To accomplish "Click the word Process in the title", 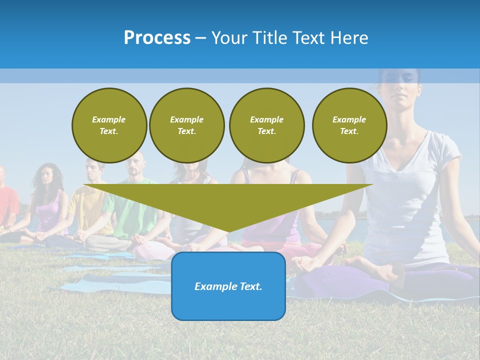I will [157, 38].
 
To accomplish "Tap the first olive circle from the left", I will [109, 125].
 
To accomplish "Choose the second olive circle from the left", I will [186, 125].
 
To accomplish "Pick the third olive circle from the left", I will [266, 125].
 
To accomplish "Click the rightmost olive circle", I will [349, 125].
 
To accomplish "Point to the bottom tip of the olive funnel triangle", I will [228, 232].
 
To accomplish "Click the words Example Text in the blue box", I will [228, 286].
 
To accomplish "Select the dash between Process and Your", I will [200, 38].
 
